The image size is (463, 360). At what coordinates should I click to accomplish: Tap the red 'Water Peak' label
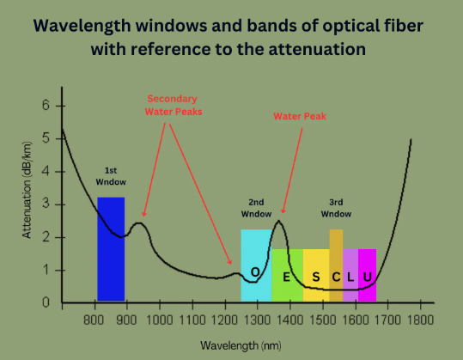(x=297, y=115)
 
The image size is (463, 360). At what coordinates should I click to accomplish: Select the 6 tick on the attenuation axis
(x=46, y=106)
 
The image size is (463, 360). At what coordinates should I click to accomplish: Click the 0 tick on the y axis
(x=46, y=303)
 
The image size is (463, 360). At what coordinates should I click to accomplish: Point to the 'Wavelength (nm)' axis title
(x=240, y=345)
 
